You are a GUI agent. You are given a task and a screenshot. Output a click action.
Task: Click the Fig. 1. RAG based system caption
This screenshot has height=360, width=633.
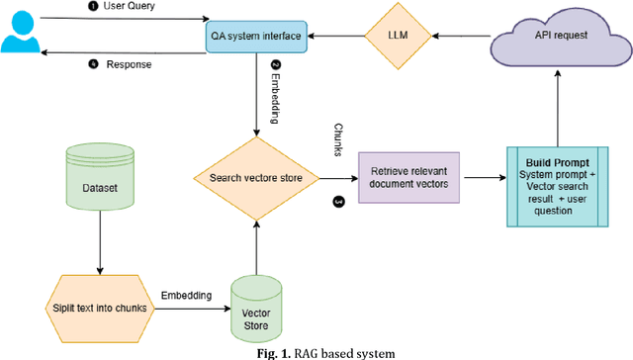316,351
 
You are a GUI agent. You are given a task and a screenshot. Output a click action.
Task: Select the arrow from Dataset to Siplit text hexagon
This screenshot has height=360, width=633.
99,243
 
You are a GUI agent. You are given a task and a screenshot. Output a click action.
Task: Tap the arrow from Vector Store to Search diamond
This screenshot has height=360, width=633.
255,242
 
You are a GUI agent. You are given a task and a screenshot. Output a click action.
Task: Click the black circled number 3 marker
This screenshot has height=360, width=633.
339,201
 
